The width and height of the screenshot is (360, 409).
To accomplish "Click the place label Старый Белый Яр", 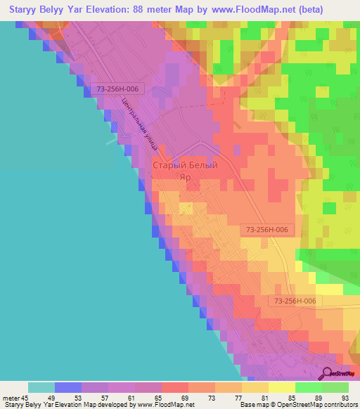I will pos(185,171).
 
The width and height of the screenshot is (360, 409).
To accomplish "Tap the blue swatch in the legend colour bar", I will pos(67,387).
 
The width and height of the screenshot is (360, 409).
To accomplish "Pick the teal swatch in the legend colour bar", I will pos(41,387).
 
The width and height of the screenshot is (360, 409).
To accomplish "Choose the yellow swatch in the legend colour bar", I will pos(281,387).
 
